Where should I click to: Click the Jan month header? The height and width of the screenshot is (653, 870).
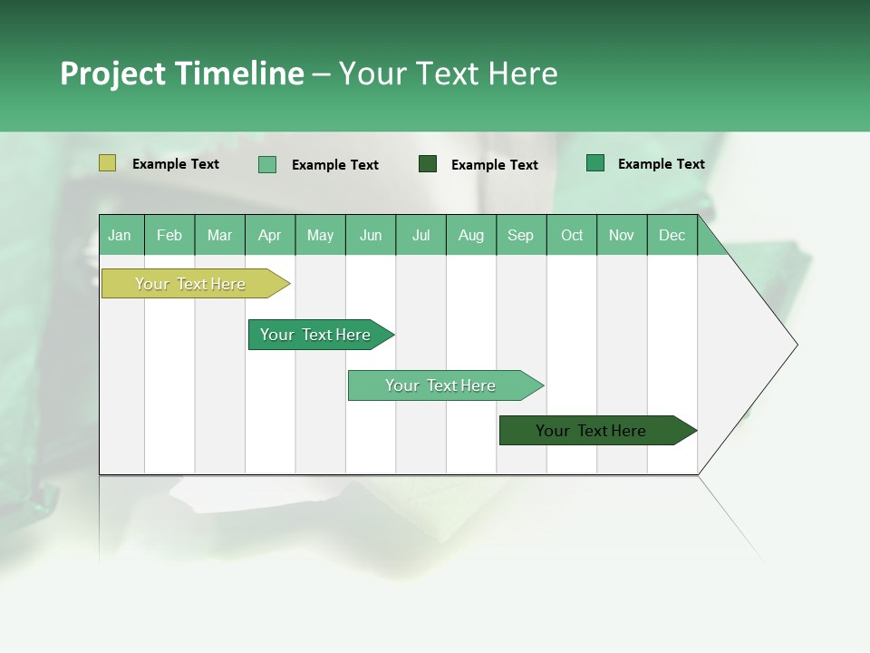pos(121,235)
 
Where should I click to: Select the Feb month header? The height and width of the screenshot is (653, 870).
pos(169,235)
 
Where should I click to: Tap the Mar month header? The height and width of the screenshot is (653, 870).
pos(219,235)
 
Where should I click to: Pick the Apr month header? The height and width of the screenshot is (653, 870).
pos(270,235)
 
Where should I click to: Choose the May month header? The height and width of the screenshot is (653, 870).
pos(320,235)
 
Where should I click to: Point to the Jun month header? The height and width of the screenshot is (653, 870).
pos(371,235)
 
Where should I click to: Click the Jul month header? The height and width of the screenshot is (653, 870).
pos(420,235)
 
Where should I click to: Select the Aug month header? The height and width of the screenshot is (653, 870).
pos(471,235)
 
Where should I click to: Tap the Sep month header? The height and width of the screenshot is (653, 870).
pos(521,235)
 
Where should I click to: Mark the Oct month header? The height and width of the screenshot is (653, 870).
pos(572,235)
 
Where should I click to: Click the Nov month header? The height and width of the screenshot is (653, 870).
pos(622,235)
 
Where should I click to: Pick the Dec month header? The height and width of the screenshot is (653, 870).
pos(672,235)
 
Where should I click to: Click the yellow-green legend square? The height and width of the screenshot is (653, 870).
pos(107,163)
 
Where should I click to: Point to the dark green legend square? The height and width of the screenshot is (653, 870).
pos(428,163)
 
